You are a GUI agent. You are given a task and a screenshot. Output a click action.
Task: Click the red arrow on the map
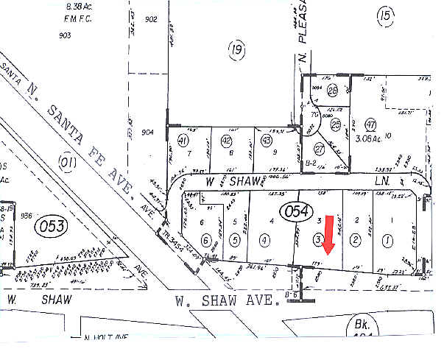(x=329, y=235)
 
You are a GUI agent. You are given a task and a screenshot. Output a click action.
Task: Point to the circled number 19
(x=236, y=49)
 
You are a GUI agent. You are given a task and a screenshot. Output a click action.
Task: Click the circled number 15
(x=384, y=14)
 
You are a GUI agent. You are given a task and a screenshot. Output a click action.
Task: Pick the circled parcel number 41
(x=183, y=140)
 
